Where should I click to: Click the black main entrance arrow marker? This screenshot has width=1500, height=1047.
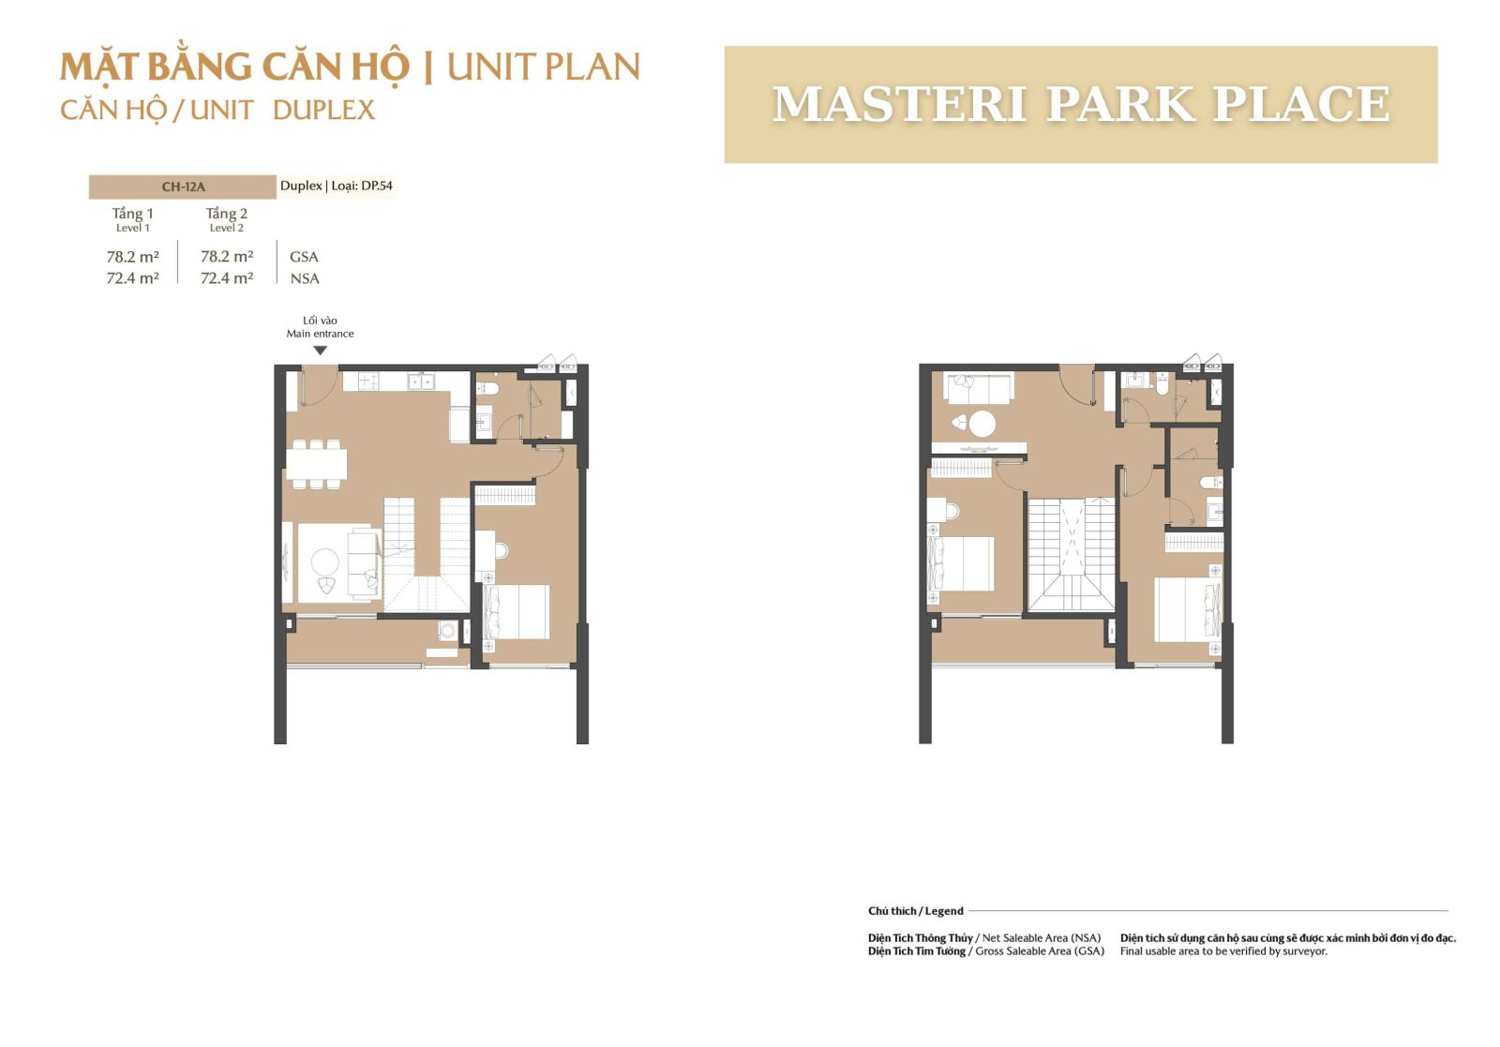[320, 351]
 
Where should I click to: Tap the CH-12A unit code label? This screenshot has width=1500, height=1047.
[183, 187]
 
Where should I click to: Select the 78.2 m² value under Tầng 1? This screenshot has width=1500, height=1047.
[132, 257]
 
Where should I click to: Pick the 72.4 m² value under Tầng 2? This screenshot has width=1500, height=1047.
[227, 277]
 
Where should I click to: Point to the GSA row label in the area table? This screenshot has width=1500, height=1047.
[304, 257]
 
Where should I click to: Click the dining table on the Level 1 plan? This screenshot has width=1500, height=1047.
[317, 463]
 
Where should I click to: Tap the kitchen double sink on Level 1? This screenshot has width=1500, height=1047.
[421, 381]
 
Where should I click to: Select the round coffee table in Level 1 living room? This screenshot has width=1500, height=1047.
[325, 561]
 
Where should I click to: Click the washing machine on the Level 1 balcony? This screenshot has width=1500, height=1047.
[447, 630]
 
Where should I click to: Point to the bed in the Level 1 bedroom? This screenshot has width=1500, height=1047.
[517, 612]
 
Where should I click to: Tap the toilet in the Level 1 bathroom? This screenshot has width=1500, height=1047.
[485, 389]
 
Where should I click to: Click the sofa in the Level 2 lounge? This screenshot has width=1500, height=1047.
[979, 388]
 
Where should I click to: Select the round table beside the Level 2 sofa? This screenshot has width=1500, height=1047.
[982, 424]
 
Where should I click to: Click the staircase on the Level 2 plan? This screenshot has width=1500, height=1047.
[1072, 554]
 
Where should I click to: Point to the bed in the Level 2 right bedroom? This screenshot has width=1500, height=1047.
[1189, 609]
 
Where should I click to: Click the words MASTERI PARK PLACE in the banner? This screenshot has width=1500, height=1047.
[1081, 104]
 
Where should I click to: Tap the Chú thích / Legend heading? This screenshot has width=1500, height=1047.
[915, 911]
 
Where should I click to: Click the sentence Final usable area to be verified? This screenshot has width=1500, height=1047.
[1223, 951]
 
